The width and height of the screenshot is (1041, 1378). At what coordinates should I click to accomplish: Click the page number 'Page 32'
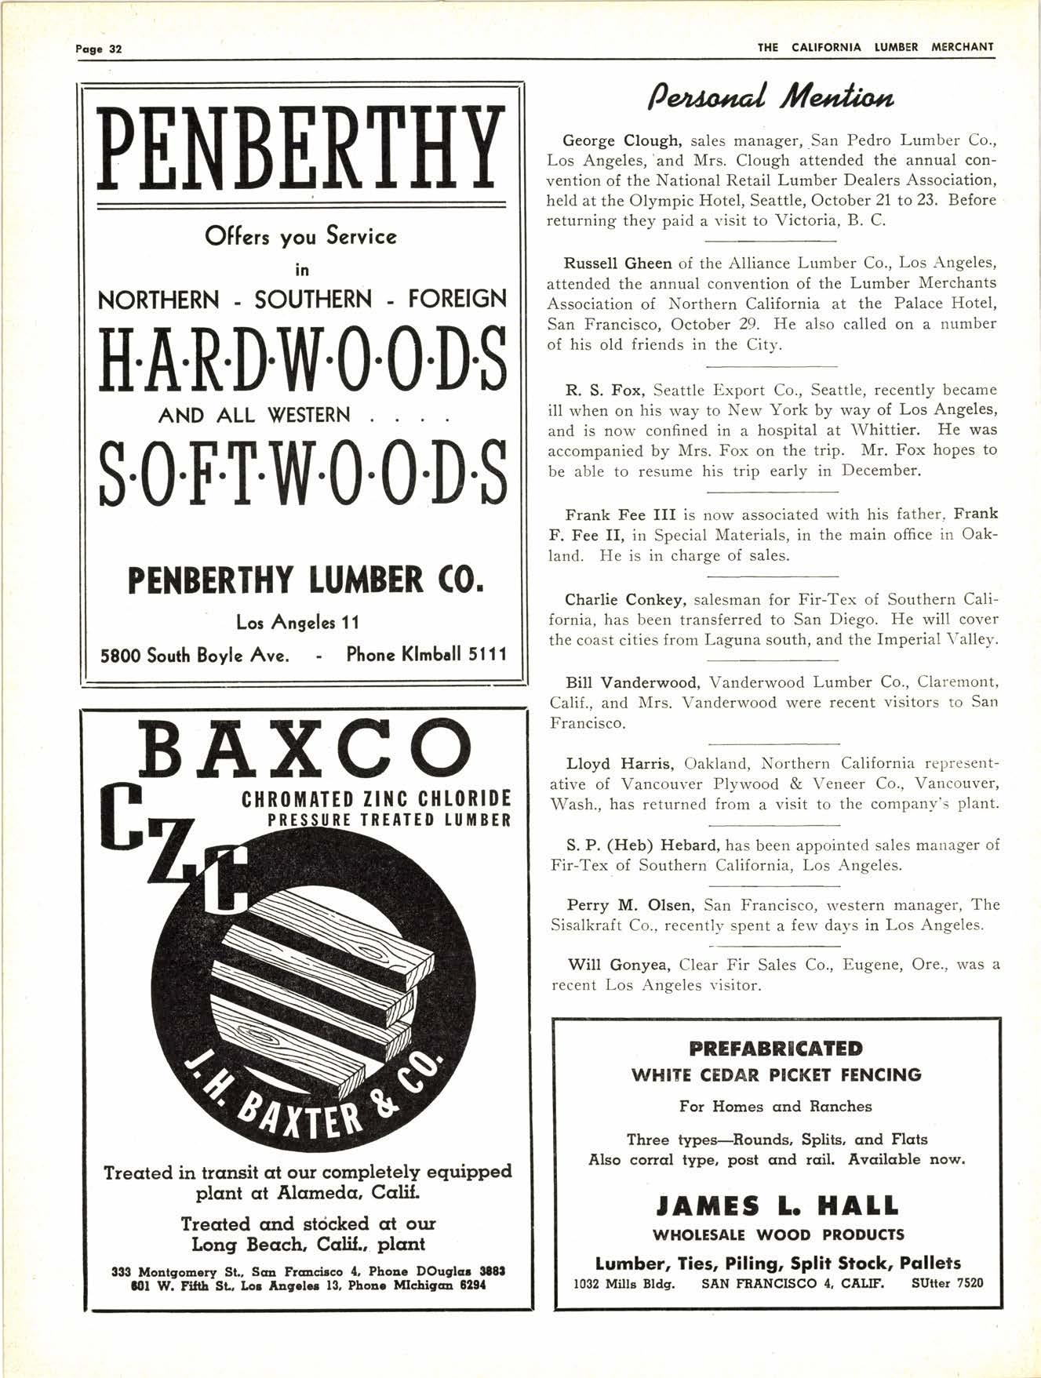point(99,49)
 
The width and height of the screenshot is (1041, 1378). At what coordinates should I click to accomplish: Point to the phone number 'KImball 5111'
point(426,654)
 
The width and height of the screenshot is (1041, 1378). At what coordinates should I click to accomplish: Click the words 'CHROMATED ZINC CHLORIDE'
point(376,799)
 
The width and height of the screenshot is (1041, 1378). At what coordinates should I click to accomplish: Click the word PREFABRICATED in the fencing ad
point(776,1049)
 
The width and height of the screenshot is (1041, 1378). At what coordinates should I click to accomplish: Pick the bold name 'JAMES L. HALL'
point(776,1205)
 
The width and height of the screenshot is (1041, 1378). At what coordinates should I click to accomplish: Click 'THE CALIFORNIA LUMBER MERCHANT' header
point(875,47)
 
